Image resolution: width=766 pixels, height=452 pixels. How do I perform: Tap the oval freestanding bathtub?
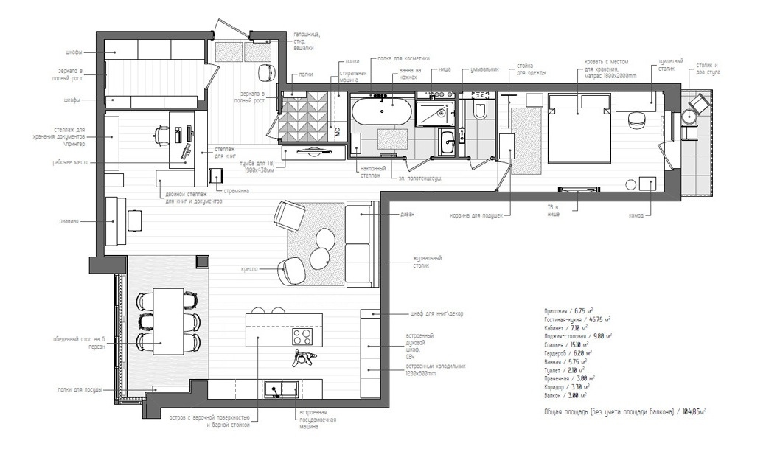pyautogui.click(x=381, y=114)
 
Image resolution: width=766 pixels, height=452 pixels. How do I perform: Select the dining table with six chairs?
pyautogui.click(x=167, y=321)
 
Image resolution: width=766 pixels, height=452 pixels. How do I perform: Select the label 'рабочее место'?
pyautogui.click(x=72, y=162)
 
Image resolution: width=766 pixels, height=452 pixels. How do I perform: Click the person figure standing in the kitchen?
pyautogui.click(x=302, y=359)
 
